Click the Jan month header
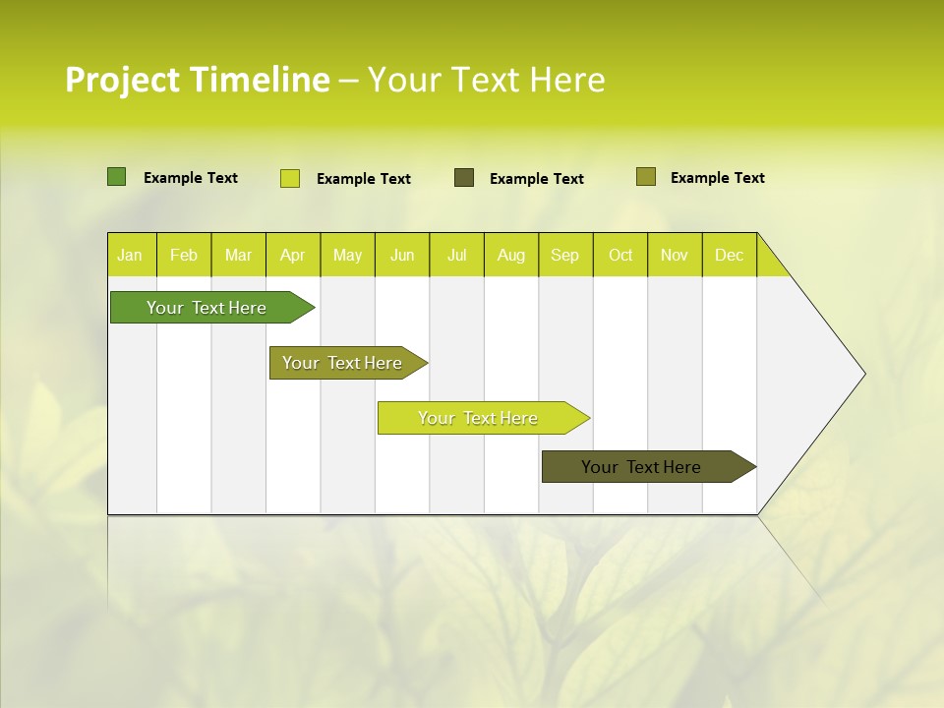tap(131, 255)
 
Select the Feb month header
tap(184, 255)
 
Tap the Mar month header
tap(238, 255)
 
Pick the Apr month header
tap(293, 255)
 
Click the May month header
tap(347, 255)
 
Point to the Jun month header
tap(402, 255)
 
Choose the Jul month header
tap(456, 255)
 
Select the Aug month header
tap(511, 255)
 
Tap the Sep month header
tap(565, 255)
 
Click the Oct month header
tap(620, 255)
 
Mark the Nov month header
tap(675, 255)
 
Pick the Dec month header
tap(729, 255)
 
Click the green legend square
tap(117, 177)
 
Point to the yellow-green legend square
tap(290, 178)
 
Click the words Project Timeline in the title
tap(197, 80)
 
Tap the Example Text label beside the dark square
tap(536, 178)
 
